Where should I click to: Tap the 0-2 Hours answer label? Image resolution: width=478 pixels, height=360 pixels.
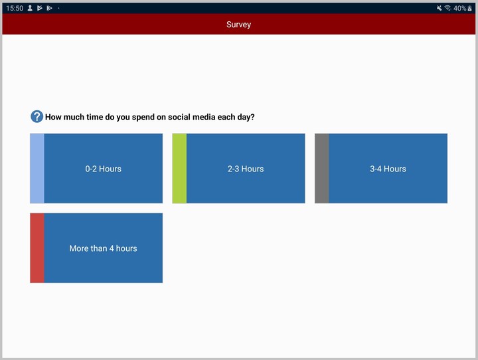[103, 169]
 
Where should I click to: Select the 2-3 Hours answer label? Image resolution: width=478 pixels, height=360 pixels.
[246, 169]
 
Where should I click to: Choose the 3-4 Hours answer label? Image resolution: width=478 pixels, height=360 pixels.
[388, 169]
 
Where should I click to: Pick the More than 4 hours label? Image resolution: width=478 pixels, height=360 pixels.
[103, 248]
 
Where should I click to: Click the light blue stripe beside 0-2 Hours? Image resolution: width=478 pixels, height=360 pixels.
[37, 169]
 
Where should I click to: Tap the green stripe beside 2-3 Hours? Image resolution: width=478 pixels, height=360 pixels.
[179, 169]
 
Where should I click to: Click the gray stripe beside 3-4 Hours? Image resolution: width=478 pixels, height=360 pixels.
[321, 169]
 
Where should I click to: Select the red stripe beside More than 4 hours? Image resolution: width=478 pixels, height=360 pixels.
[37, 248]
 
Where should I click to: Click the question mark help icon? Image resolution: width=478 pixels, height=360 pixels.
[37, 117]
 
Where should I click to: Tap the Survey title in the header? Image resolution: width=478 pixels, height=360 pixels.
[238, 25]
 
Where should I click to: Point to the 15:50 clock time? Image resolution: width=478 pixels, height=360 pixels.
[15, 8]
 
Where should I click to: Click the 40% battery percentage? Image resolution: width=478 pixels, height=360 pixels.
[459, 8]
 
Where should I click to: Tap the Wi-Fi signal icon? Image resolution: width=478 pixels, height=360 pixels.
[448, 8]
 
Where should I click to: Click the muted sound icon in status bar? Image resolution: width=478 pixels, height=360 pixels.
[439, 8]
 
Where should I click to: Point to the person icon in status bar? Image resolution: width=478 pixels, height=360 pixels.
[30, 8]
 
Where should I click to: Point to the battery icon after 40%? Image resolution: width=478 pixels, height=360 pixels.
[470, 8]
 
